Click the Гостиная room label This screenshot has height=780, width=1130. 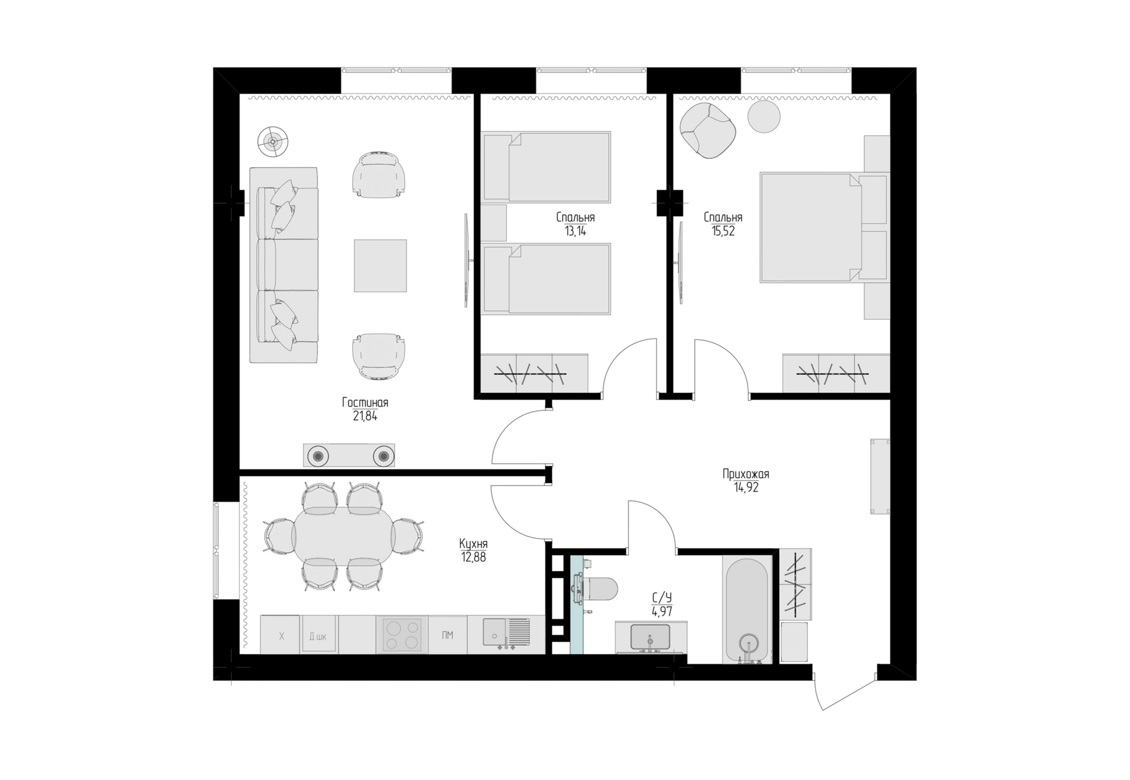[365, 403]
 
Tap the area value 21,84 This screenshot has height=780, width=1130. [365, 416]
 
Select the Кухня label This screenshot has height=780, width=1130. [473, 544]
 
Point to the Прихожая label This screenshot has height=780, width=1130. [746, 474]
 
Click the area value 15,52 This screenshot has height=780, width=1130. [723, 231]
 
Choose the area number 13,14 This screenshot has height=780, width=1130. [575, 231]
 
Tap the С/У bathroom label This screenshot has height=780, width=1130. [662, 598]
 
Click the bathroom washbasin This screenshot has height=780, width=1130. [650, 637]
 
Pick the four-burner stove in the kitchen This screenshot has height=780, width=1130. [402, 634]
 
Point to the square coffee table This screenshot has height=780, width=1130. [380, 265]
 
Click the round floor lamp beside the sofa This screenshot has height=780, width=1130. [272, 141]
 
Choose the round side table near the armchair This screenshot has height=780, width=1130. [764, 116]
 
